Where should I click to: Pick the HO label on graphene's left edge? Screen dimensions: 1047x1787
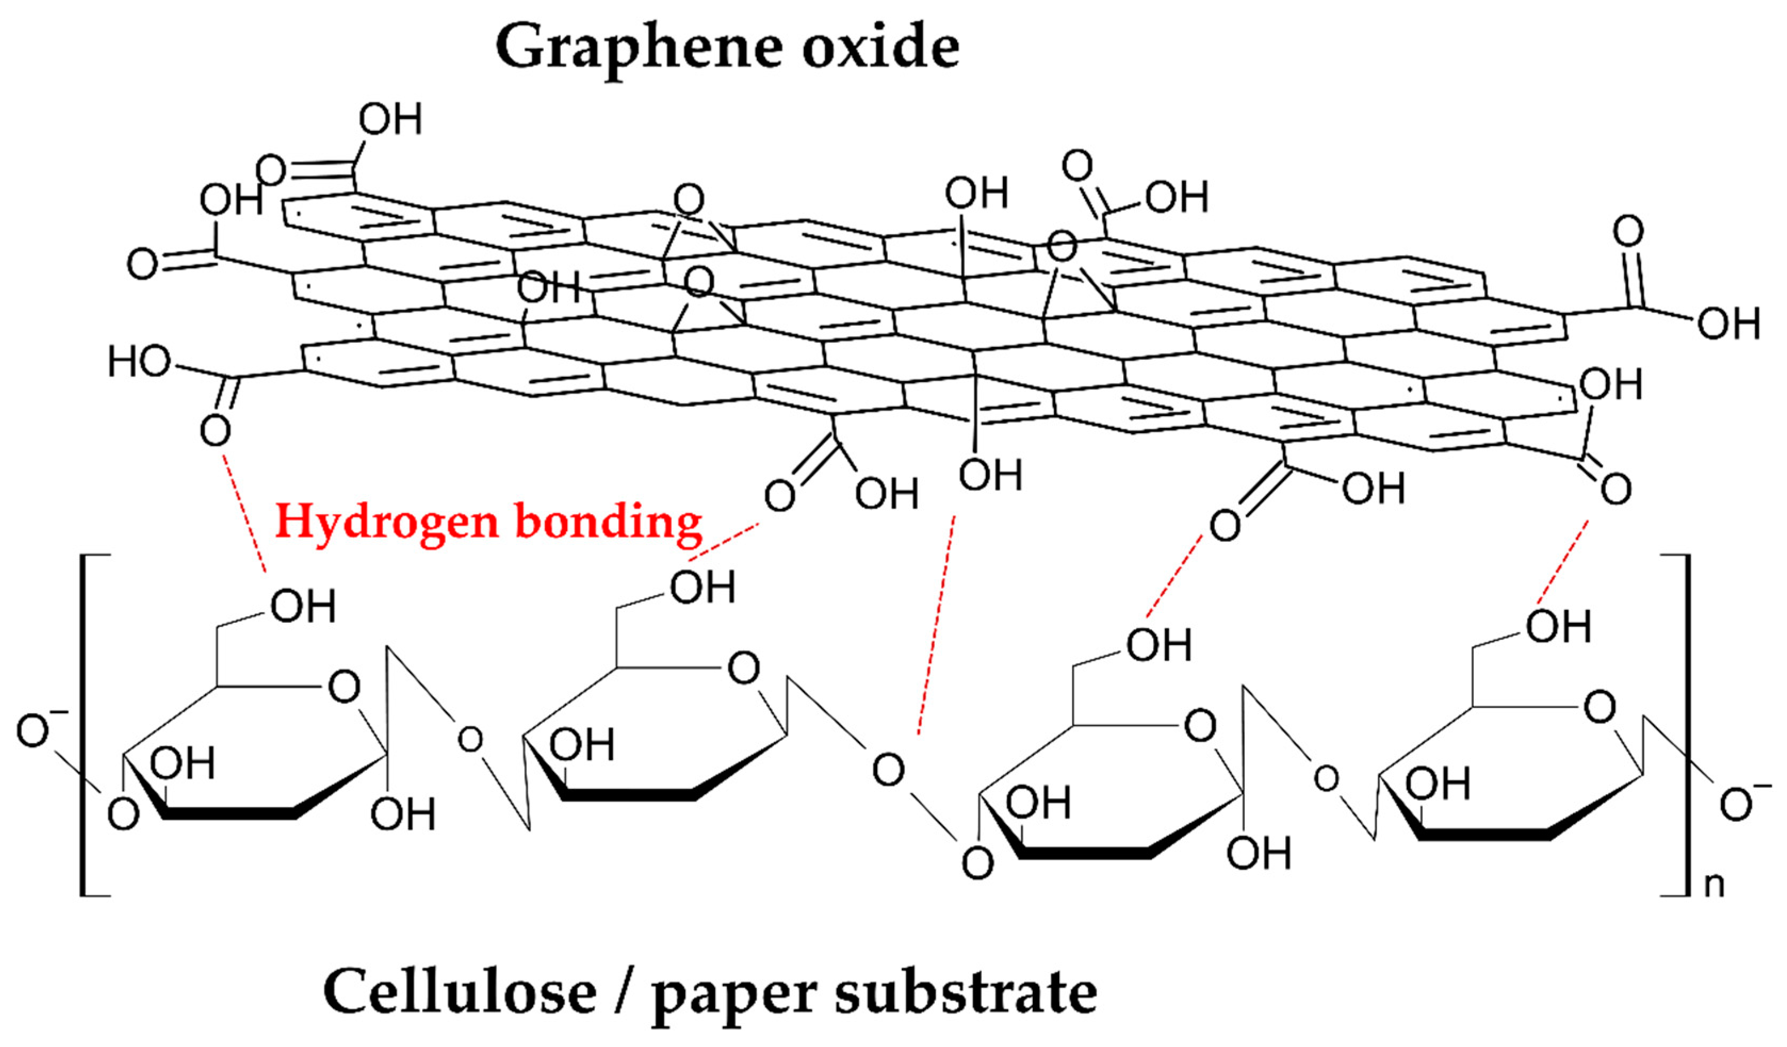[139, 362]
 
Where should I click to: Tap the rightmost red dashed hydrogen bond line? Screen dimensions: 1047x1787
[1562, 571]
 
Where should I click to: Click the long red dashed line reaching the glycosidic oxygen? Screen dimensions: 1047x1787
[936, 624]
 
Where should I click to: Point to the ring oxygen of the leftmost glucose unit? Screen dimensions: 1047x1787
[345, 687]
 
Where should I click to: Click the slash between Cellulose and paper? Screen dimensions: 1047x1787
[624, 992]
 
